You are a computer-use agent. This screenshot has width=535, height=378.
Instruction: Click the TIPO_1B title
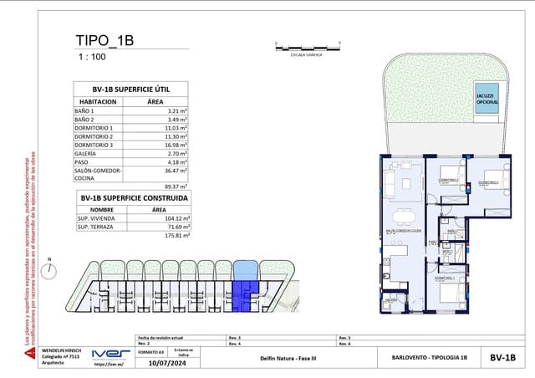[104, 40]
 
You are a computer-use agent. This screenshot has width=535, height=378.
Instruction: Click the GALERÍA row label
[87, 154]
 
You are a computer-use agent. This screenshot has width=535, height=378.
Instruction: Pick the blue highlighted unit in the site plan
[246, 288]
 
